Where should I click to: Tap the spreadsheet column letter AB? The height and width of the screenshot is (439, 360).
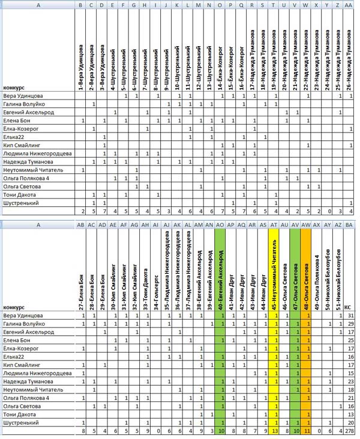click(x=82, y=225)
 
